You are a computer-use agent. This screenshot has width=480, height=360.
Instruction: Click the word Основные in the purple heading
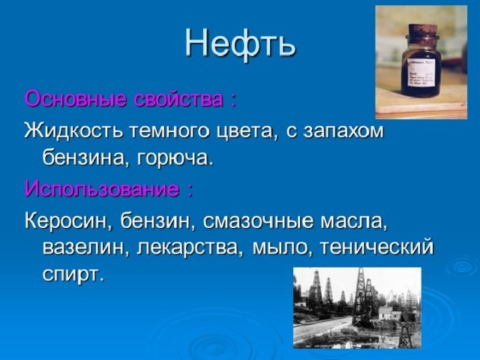point(75,99)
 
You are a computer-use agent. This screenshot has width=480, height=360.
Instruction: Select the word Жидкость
point(74,130)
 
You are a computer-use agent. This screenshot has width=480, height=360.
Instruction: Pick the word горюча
point(174,159)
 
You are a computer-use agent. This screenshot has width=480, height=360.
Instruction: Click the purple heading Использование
point(102,188)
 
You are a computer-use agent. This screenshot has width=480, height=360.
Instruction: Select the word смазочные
point(258,221)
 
